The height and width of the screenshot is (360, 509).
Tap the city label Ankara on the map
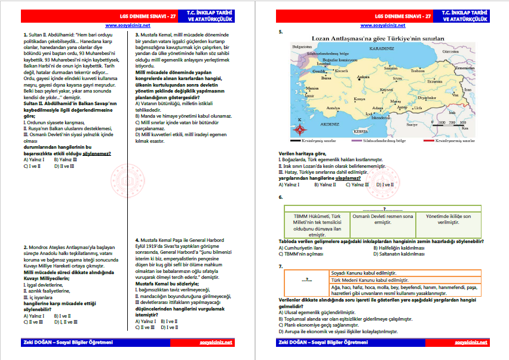(363, 77)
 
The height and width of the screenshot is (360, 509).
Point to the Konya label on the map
(359, 99)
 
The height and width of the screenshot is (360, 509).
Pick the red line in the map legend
(429, 141)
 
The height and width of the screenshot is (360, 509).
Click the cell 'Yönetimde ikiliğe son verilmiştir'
(449, 219)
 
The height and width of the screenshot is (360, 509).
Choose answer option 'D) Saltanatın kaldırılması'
(406, 253)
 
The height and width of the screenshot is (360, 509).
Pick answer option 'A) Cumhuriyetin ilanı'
(302, 247)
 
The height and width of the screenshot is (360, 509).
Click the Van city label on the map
(455, 95)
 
